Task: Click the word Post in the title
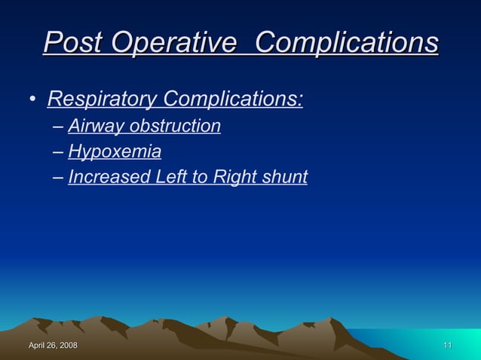[74, 43]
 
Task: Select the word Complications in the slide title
[347, 43]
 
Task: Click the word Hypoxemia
[115, 152]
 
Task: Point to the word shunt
[283, 178]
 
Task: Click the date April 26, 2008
[53, 345]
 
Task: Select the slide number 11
[447, 345]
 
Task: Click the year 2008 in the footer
[68, 345]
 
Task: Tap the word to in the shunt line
[192, 178]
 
